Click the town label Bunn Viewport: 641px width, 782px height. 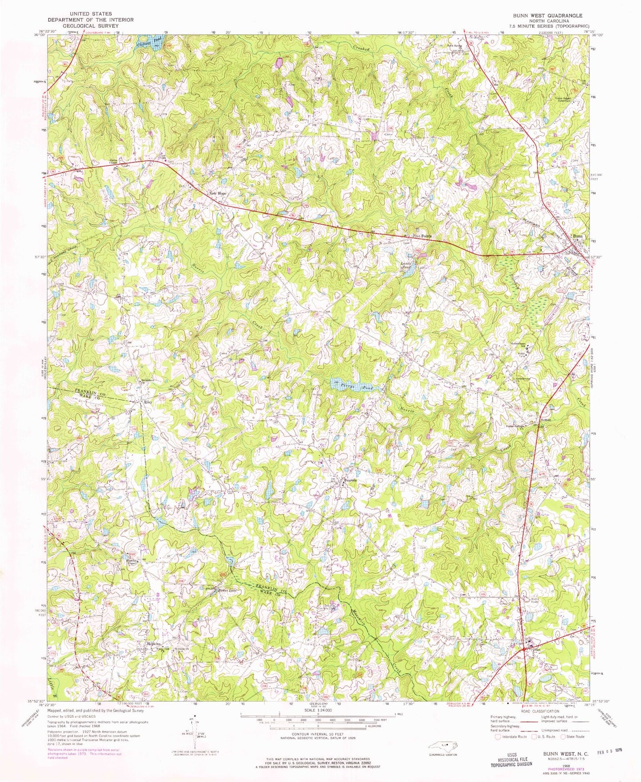click(x=577, y=236)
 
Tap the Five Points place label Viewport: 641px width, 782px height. click(x=422, y=236)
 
